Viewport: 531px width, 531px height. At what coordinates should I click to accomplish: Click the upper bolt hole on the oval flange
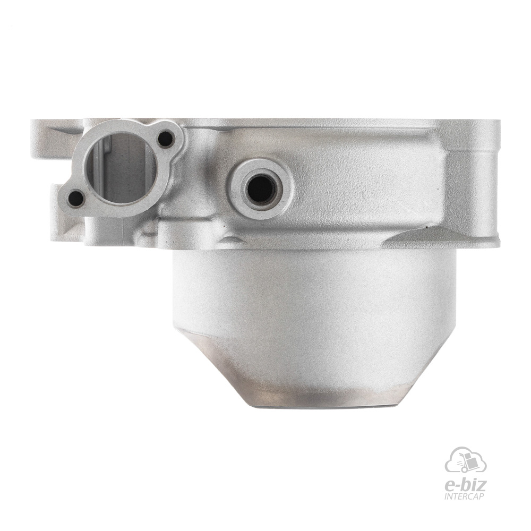[166, 139]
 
